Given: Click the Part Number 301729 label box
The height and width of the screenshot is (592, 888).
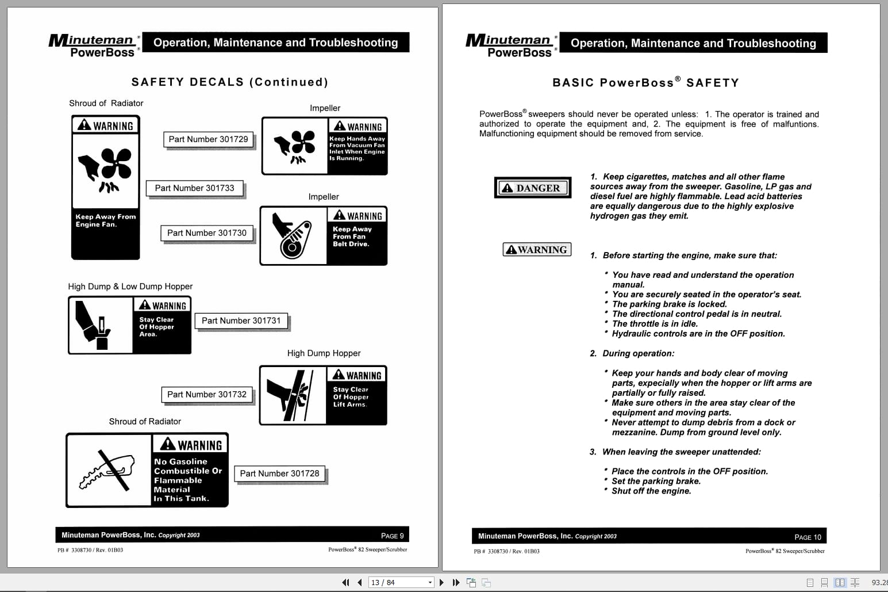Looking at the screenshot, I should click(x=208, y=139).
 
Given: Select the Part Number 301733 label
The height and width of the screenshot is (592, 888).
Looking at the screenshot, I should click(x=194, y=188).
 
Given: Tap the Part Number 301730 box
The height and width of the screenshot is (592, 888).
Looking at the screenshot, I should click(x=206, y=233).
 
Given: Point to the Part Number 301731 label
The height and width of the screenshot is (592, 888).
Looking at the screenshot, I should click(x=241, y=321).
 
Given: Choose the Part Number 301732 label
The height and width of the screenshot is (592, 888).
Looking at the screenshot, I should click(x=206, y=395).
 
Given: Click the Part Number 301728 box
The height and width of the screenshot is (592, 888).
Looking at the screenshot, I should click(x=279, y=473).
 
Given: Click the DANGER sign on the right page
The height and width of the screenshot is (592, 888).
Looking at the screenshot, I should click(x=532, y=188).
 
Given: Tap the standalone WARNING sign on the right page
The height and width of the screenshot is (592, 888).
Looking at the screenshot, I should click(x=537, y=250).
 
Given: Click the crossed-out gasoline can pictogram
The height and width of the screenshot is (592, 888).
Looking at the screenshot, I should click(x=109, y=470).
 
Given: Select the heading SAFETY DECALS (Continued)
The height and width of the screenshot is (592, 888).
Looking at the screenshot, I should click(x=230, y=82).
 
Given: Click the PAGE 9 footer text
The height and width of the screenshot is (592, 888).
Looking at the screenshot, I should click(x=392, y=536).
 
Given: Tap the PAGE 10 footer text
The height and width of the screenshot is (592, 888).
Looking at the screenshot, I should click(x=808, y=537).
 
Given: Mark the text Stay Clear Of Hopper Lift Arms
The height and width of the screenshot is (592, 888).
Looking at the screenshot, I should click(x=351, y=397).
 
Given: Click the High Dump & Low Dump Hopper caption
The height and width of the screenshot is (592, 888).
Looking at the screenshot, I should click(x=130, y=287).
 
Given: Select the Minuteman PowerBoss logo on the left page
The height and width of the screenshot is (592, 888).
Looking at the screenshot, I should click(x=94, y=45).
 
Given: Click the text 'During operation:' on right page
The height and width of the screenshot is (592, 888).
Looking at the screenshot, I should click(x=638, y=353).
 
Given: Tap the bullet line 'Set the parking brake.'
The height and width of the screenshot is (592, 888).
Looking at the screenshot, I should click(x=656, y=481).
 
